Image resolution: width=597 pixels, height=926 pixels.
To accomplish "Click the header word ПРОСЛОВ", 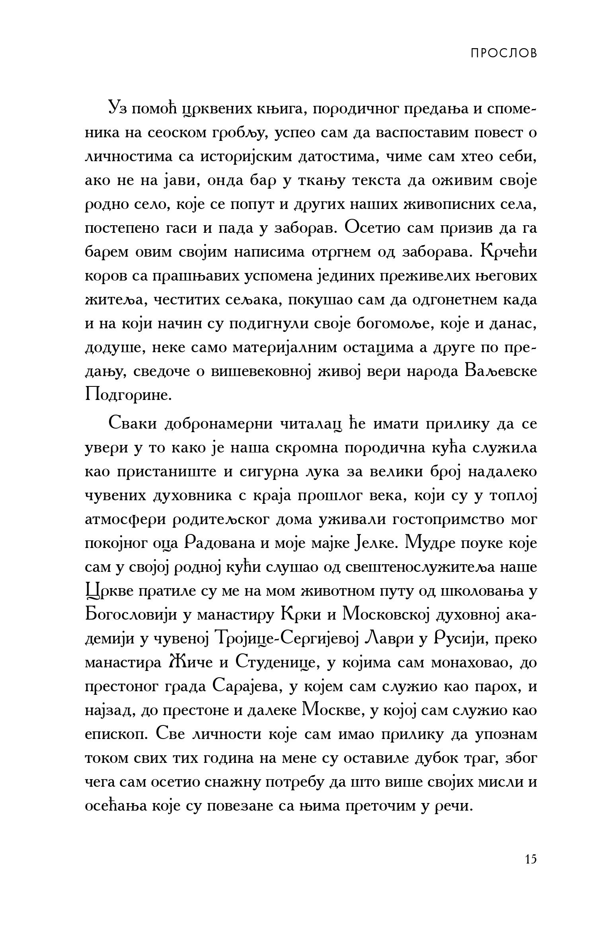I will click(x=503, y=53).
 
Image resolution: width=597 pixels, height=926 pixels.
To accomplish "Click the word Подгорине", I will click(x=128, y=396).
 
